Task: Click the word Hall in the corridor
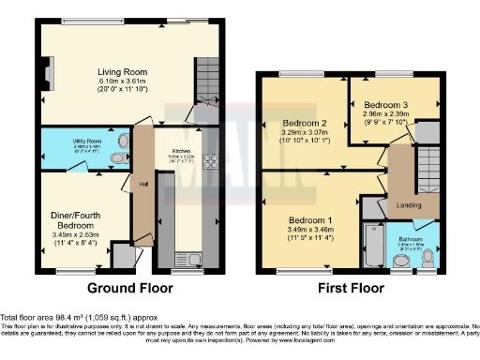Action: pos(143,184)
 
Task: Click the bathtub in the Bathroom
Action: pos(372,247)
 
